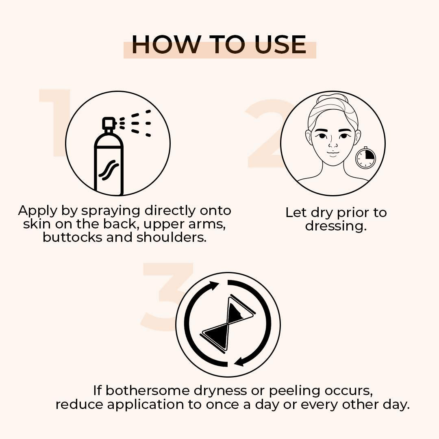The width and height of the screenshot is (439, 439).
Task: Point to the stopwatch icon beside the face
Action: [x=365, y=158]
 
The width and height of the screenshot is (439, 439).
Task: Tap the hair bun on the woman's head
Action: [x=333, y=99]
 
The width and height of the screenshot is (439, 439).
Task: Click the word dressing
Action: [x=336, y=226]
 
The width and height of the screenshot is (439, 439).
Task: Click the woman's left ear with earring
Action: [x=357, y=137]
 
